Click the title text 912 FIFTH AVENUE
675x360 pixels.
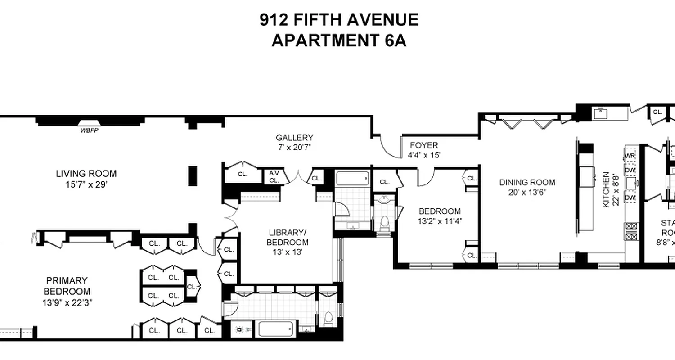[x=339, y=20]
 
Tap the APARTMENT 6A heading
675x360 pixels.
[x=339, y=41]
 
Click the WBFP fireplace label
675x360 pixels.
[x=89, y=131]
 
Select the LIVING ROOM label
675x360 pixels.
[x=86, y=174]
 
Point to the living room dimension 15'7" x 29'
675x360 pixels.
[x=86, y=184]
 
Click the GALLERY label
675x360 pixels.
[x=294, y=138]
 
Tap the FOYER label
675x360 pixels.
[x=423, y=145]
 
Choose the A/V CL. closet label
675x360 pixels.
[x=274, y=176]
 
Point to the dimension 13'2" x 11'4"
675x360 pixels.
[x=439, y=221]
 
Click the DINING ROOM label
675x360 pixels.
[x=527, y=183]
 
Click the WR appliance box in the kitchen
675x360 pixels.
[x=630, y=156]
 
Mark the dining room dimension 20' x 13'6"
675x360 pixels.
[x=527, y=193]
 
